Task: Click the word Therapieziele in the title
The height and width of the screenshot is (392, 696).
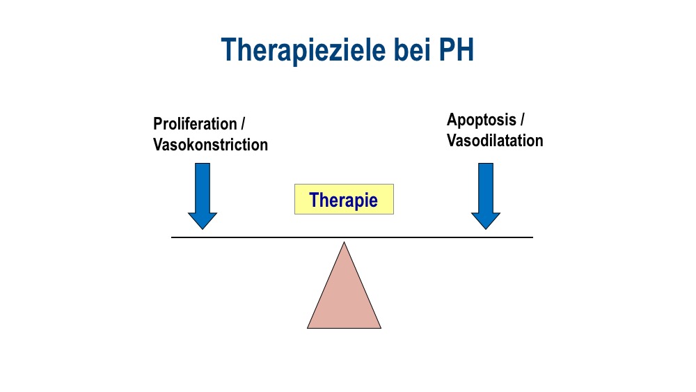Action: [x=303, y=49]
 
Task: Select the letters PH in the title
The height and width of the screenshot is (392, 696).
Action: [x=457, y=49]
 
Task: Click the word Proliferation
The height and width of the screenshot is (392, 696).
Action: [x=195, y=124]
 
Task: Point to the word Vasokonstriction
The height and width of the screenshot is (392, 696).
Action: [x=210, y=145]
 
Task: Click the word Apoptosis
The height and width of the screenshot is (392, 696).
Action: [x=482, y=120]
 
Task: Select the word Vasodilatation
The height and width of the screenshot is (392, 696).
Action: [x=495, y=141]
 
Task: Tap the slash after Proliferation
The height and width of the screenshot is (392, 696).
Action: [x=243, y=124]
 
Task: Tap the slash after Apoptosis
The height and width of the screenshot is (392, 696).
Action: [x=522, y=120]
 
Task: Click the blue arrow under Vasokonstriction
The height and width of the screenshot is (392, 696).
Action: [x=203, y=196]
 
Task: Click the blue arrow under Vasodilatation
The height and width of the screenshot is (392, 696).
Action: [x=486, y=196]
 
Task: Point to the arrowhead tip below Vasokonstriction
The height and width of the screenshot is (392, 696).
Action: [x=203, y=229]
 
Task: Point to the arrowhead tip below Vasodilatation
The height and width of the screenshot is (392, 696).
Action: [x=486, y=229]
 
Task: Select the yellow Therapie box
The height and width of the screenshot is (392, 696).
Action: [x=344, y=199]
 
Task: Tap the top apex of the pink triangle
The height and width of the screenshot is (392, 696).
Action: [x=344, y=242]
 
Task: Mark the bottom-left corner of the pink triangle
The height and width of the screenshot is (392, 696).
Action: [x=307, y=328]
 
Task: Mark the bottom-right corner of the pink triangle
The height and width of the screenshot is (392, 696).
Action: [x=381, y=328]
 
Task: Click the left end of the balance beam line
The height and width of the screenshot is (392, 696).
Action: [x=172, y=237]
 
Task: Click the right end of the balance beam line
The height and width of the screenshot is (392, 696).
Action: [x=532, y=237]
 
